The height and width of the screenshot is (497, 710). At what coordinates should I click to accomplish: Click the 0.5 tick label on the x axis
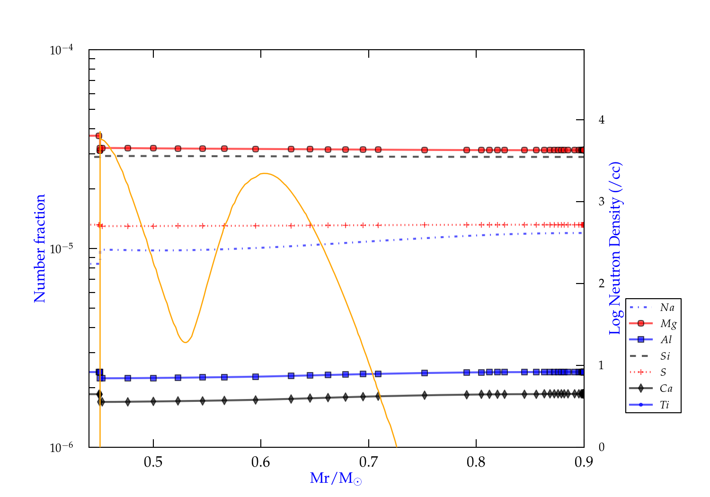coord(153,462)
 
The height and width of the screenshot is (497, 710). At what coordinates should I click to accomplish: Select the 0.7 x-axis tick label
coord(368,462)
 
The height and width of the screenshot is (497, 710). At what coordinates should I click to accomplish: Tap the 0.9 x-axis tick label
coord(584,462)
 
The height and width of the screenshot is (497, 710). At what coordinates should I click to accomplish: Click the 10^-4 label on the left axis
coord(62,49)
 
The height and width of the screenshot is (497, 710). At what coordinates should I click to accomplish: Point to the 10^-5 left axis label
coord(62,248)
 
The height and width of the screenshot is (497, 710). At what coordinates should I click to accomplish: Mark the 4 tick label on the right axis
coord(601,120)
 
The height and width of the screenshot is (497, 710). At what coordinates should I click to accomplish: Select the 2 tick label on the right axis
coord(601,284)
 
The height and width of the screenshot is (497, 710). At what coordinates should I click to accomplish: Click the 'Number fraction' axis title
coord(40,248)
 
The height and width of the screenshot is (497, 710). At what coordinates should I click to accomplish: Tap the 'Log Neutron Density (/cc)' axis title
coord(615,248)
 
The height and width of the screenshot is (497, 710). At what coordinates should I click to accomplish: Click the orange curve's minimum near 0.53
coord(185,342)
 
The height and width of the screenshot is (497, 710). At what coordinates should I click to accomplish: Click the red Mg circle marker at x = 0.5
coord(153,148)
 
